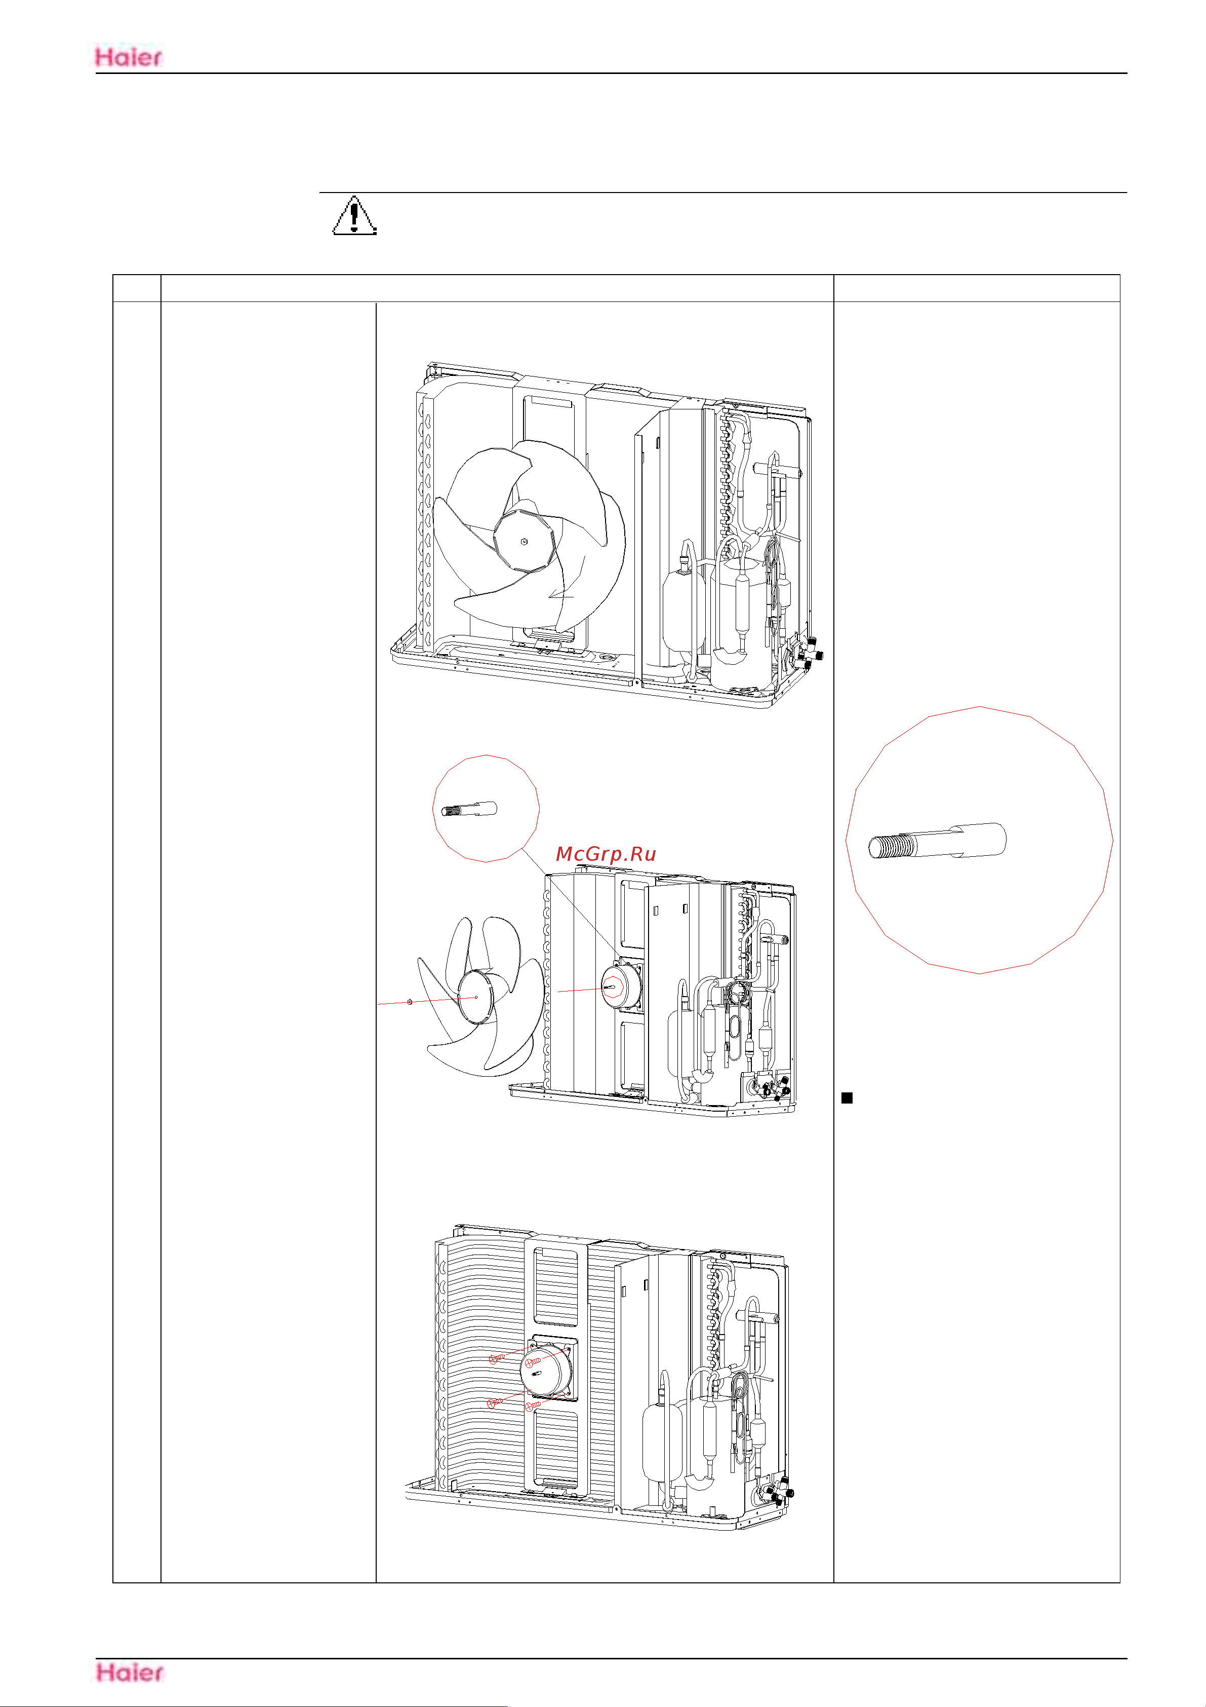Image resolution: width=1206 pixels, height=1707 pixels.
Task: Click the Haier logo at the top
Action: (x=129, y=57)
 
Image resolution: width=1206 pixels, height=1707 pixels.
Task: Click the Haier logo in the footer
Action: (x=129, y=1672)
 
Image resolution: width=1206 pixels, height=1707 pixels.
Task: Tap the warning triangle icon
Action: (x=354, y=216)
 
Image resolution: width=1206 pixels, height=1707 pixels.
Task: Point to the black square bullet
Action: (x=847, y=1097)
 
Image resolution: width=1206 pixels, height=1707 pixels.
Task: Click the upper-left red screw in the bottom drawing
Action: (x=496, y=1358)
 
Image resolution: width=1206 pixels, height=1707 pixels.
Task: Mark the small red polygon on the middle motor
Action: (x=612, y=988)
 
